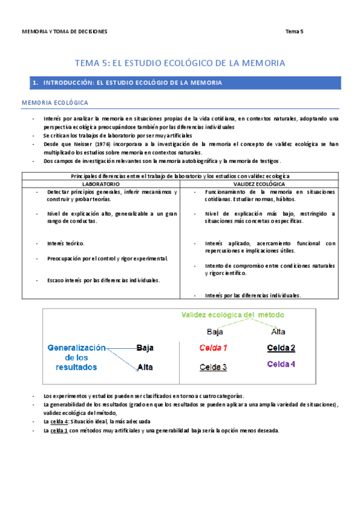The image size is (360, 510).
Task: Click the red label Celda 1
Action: click(x=214, y=348)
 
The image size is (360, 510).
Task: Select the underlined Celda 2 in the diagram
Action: click(x=281, y=348)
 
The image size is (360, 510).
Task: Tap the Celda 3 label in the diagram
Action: click(x=213, y=367)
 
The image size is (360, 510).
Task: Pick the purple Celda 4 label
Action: click(x=281, y=364)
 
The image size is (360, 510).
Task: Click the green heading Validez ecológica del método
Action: click(x=233, y=315)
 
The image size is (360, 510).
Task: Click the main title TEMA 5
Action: click(x=180, y=63)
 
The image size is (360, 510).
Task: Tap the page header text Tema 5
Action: click(x=294, y=31)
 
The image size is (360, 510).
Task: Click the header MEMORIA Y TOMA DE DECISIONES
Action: click(x=64, y=31)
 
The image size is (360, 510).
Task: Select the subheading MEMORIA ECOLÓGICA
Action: click(x=55, y=103)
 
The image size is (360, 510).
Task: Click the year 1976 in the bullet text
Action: click(x=105, y=144)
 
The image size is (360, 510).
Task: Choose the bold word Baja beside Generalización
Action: click(x=145, y=348)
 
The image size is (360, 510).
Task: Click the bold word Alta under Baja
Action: click(x=145, y=367)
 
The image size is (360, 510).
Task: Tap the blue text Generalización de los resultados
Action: click(x=76, y=357)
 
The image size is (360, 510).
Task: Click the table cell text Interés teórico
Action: click(x=66, y=244)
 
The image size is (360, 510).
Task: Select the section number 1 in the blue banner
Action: click(x=35, y=82)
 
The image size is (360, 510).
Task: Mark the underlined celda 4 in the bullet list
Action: click(x=59, y=422)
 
